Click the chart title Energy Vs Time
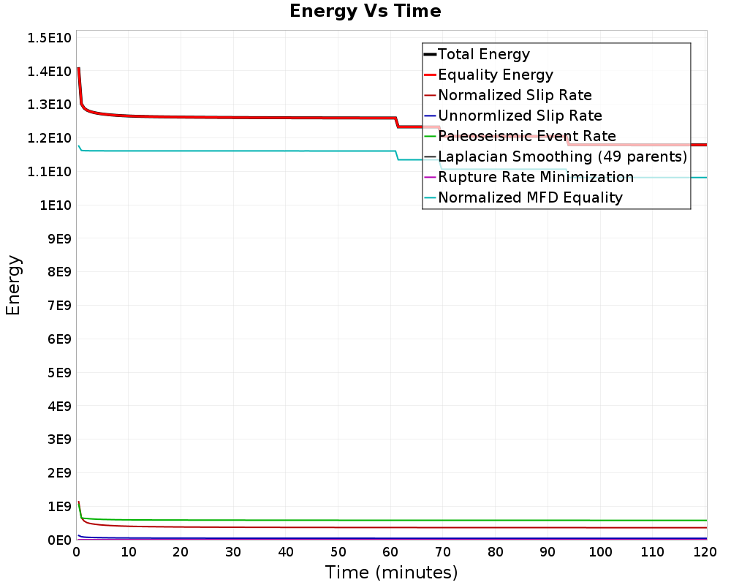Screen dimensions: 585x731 pyautogui.click(x=365, y=11)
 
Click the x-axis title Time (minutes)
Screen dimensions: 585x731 pyautogui.click(x=391, y=572)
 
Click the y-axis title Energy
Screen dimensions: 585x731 pyautogui.click(x=12, y=285)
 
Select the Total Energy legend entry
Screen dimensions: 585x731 pyautogui.click(x=483, y=54)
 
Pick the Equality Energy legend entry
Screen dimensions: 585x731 pyautogui.click(x=495, y=75)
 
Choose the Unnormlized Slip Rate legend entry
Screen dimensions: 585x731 pyautogui.click(x=520, y=116)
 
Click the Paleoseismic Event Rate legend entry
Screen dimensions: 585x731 pyautogui.click(x=526, y=136)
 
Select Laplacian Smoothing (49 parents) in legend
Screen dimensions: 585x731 pyautogui.click(x=562, y=156)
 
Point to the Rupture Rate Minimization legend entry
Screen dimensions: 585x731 pyautogui.click(x=535, y=177)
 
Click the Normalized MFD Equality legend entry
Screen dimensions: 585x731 pyautogui.click(x=530, y=197)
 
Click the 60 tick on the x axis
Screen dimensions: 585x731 pyautogui.click(x=390, y=553)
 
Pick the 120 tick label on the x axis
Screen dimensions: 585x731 pyautogui.click(x=705, y=553)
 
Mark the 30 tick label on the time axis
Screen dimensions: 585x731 pyautogui.click(x=233, y=553)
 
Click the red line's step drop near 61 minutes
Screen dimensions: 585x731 pyautogui.click(x=397, y=122)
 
